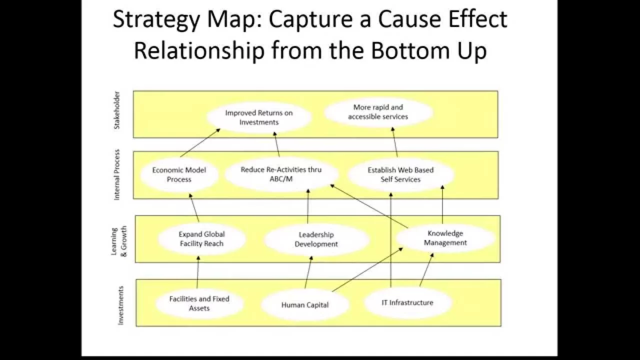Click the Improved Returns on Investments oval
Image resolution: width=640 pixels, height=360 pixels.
(x=258, y=117)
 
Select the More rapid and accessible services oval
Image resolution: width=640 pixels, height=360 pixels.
(x=378, y=112)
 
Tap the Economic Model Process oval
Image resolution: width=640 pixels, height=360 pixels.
(x=179, y=174)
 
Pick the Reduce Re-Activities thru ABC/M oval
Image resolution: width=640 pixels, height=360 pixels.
(x=281, y=174)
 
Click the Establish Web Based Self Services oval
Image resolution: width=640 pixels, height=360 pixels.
(x=400, y=174)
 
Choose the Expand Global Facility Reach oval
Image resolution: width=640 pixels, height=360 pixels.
(x=201, y=239)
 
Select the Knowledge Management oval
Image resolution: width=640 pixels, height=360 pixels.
(x=445, y=238)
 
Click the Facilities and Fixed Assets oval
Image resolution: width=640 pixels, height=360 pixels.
(x=199, y=303)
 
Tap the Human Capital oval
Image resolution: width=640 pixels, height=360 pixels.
(x=304, y=304)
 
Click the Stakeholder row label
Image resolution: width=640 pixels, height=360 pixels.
(x=117, y=110)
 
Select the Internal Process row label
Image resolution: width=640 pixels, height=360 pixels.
(x=117, y=174)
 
